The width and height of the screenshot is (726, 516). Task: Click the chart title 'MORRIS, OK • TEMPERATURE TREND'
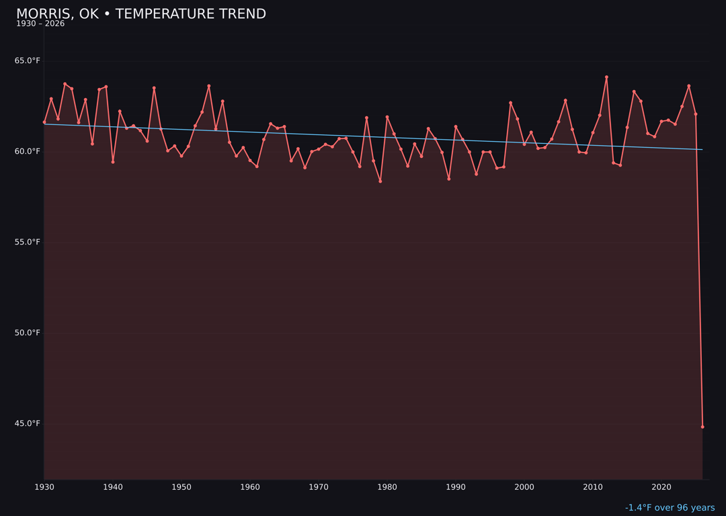[141, 14]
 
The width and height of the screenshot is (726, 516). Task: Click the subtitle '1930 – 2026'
[40, 24]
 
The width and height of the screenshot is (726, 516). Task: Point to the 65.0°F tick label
[28, 61]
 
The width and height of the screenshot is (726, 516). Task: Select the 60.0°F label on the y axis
[28, 152]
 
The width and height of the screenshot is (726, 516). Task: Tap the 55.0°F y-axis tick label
[28, 243]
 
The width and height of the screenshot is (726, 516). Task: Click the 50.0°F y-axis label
[28, 333]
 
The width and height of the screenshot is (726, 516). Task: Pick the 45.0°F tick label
[28, 424]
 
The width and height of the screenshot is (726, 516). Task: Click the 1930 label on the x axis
[44, 487]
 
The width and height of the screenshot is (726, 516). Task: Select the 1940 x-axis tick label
[113, 487]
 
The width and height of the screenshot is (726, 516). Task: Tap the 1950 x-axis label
[182, 487]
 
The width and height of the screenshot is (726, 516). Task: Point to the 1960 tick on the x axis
[250, 487]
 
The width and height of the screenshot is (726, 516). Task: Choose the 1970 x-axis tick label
[319, 487]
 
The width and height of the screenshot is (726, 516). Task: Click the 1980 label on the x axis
[387, 487]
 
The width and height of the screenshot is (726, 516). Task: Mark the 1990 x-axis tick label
[456, 487]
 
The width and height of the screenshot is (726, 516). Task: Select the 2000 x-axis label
[524, 487]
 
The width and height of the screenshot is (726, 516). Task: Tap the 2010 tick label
[593, 487]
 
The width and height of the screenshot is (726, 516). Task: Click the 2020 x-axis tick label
[661, 487]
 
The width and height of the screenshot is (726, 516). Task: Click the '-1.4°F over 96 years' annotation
[670, 508]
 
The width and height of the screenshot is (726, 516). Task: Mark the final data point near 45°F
[702, 427]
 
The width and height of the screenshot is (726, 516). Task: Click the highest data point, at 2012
[606, 77]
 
